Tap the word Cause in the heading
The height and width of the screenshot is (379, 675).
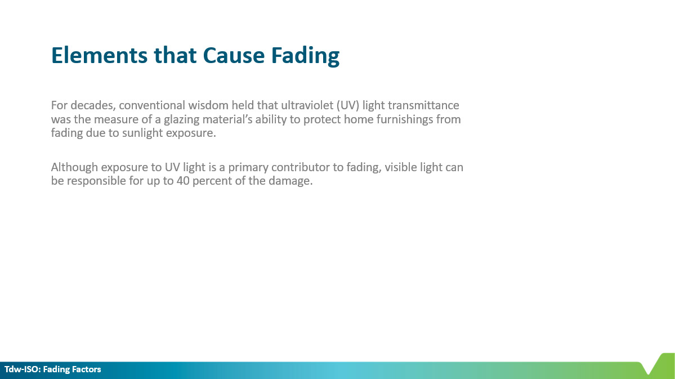234,56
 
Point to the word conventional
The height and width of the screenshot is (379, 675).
152,105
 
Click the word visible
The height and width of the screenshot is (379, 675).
400,167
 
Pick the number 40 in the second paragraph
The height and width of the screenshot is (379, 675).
183,181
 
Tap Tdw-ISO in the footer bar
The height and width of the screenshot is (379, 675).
22,369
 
